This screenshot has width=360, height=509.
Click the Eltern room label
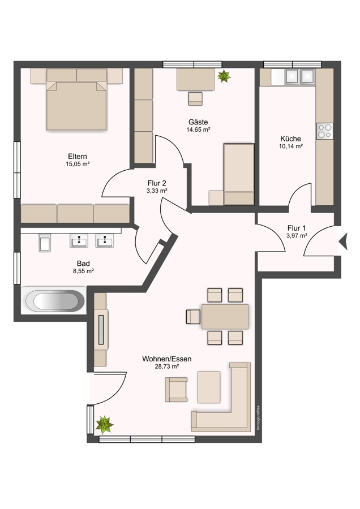point(78,157)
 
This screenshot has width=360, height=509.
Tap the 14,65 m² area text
point(198,130)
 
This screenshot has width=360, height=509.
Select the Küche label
point(291,139)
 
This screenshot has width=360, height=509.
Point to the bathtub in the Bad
point(54,301)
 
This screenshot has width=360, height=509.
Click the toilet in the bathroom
point(45,243)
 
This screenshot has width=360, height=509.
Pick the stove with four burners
point(325,131)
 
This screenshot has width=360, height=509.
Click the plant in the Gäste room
point(224,76)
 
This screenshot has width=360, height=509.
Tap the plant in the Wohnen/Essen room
point(104,425)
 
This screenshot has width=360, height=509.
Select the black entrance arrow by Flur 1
point(343,242)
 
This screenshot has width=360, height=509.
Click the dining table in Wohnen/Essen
point(225,317)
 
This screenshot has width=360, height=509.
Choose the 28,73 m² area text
point(167,366)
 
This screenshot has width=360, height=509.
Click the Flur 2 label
point(157,183)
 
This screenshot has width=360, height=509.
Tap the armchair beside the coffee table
point(176,390)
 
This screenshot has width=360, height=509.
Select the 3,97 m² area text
point(297,236)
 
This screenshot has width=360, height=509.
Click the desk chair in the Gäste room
point(195,98)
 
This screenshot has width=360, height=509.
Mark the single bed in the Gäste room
point(239,174)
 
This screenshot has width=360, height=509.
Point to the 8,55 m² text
point(84,271)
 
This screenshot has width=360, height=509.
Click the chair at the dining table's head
point(193,317)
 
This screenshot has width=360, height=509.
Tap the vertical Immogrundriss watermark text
point(258,418)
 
